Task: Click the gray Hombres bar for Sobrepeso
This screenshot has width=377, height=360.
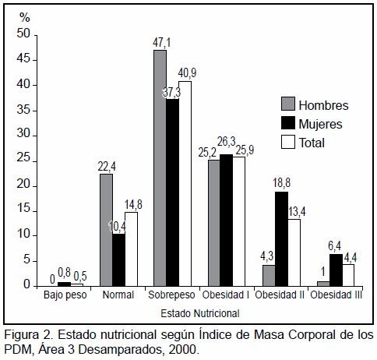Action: click(160, 168)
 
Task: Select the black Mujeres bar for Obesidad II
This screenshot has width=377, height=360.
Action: click(282, 239)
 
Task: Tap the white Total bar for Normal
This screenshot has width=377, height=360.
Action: click(131, 249)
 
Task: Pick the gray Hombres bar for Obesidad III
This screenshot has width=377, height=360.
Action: click(323, 284)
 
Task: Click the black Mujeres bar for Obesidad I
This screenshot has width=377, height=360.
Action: click(226, 221)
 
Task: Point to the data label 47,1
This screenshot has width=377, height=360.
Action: click(162, 43)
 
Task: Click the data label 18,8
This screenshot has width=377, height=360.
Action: click(281, 183)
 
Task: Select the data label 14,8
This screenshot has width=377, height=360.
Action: click(133, 204)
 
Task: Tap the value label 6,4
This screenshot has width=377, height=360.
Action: click(335, 246)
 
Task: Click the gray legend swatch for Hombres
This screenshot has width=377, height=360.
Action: click(288, 104)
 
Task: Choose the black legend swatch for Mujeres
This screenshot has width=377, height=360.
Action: click(288, 122)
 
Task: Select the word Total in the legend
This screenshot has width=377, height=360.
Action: click(312, 143)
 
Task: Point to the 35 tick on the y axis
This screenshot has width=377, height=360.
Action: click(36, 111)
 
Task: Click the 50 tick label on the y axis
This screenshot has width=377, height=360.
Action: click(23, 34)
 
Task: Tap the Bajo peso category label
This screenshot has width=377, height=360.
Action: click(65, 295)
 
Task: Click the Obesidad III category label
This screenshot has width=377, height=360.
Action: click(336, 295)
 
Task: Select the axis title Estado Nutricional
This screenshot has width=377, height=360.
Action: click(200, 313)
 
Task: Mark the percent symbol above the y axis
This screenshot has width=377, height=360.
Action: click(25, 18)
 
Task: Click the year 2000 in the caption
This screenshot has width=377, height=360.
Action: click(182, 350)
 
